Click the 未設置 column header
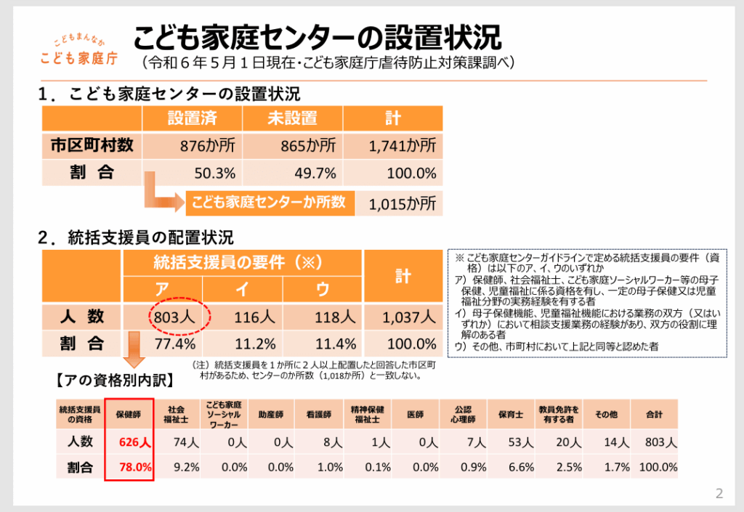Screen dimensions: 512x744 click(294, 118)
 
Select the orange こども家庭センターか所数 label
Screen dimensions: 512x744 click(269, 203)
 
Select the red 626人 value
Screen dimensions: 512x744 click(134, 442)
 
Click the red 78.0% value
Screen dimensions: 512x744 click(134, 468)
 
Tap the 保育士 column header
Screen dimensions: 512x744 click(511, 414)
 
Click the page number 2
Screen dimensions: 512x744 click(719, 495)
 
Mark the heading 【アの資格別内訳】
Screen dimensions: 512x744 click(106, 378)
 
